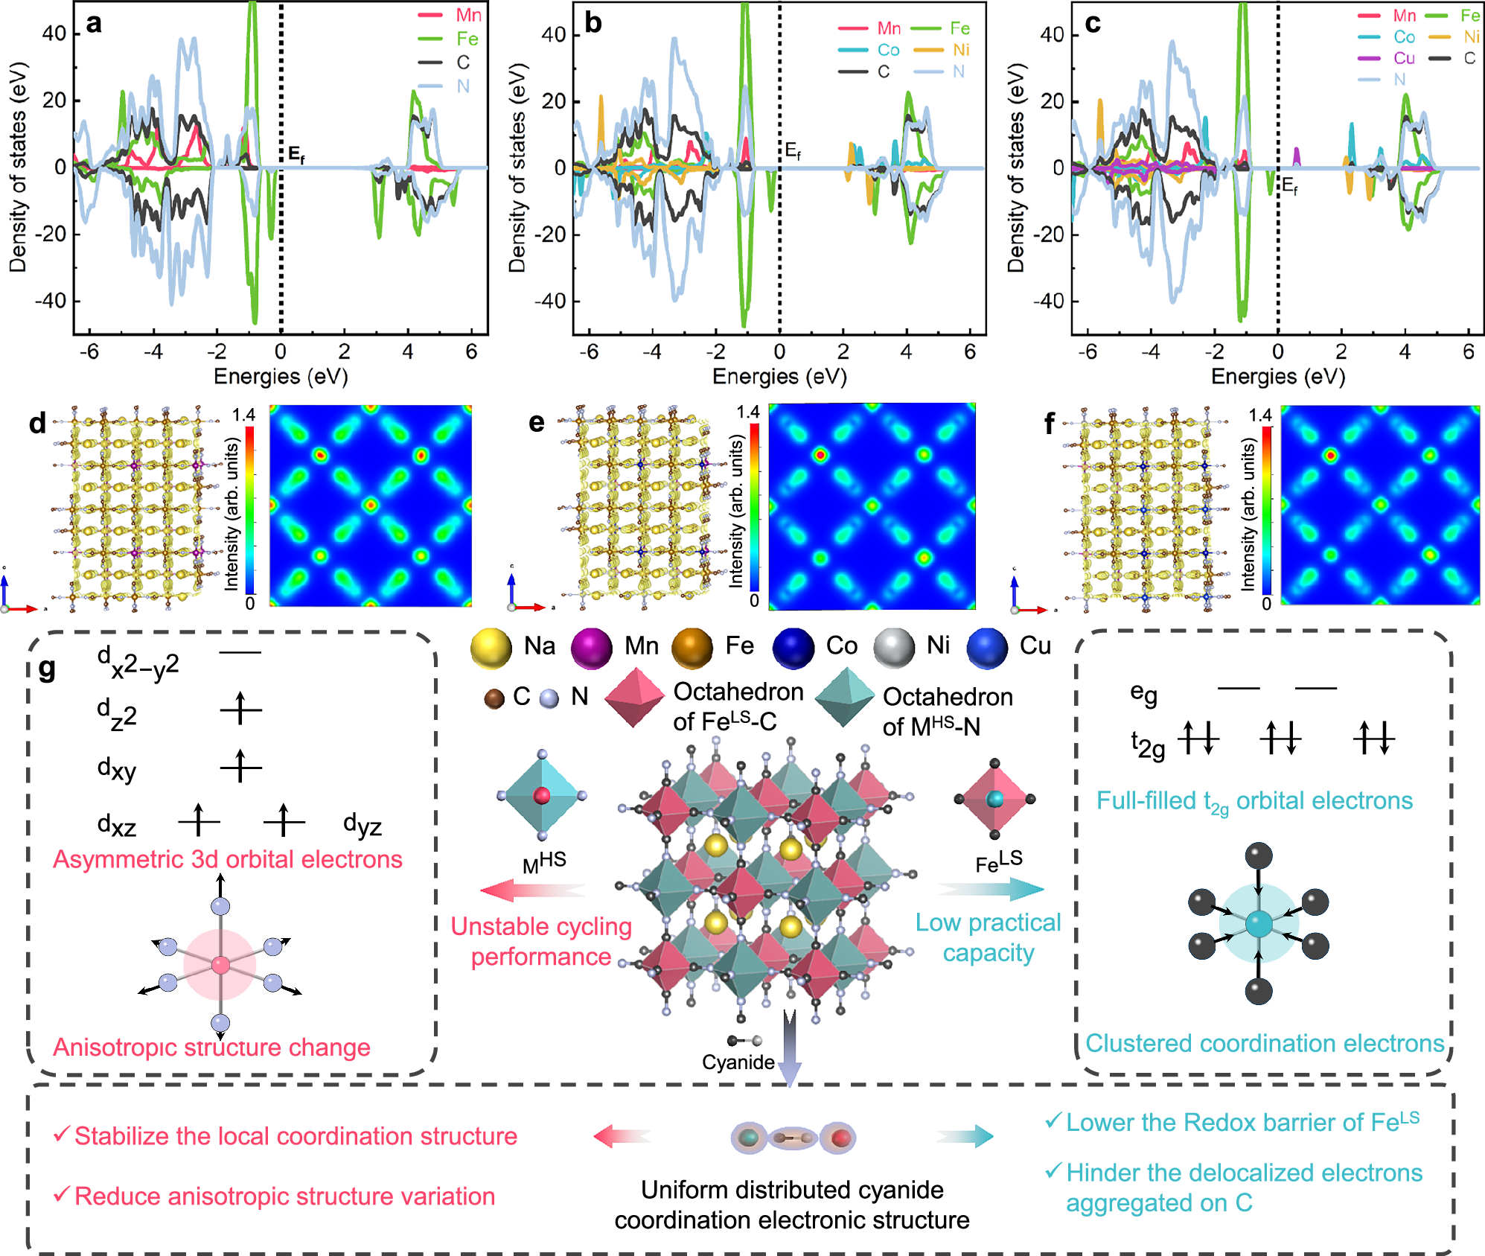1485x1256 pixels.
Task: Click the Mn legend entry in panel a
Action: (x=468, y=15)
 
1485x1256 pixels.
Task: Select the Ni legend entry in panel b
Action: (x=960, y=50)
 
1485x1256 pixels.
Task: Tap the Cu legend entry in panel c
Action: (x=1404, y=58)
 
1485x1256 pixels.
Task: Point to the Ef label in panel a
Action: (x=296, y=154)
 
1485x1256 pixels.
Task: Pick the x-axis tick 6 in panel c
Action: (x=1468, y=351)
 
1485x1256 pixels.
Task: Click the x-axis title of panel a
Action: (x=281, y=377)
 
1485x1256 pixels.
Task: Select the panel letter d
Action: (x=37, y=424)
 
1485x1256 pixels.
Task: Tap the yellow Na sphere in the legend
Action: (x=491, y=648)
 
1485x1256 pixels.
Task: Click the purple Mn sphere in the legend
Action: (x=591, y=648)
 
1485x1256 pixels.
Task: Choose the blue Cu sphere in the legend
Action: (x=987, y=648)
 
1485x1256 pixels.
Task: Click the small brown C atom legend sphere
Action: (x=494, y=698)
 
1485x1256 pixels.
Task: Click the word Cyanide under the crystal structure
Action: (x=738, y=1062)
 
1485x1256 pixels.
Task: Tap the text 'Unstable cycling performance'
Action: (x=541, y=941)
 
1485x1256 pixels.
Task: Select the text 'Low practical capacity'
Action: (x=988, y=937)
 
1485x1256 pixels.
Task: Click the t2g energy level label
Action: (x=1147, y=745)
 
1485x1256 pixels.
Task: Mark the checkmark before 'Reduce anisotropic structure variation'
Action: (x=62, y=1194)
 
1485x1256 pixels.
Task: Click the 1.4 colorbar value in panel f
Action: (x=1259, y=415)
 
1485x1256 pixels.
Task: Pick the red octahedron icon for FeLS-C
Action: (x=633, y=697)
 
